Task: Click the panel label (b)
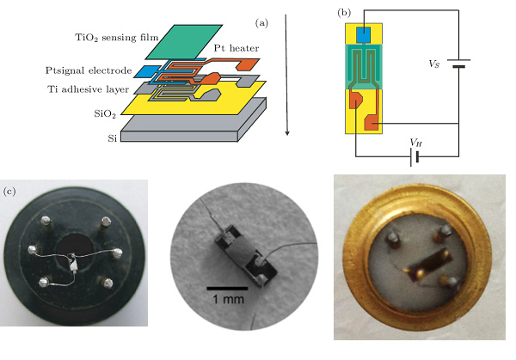coord(344,12)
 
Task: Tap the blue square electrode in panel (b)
coord(363,34)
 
